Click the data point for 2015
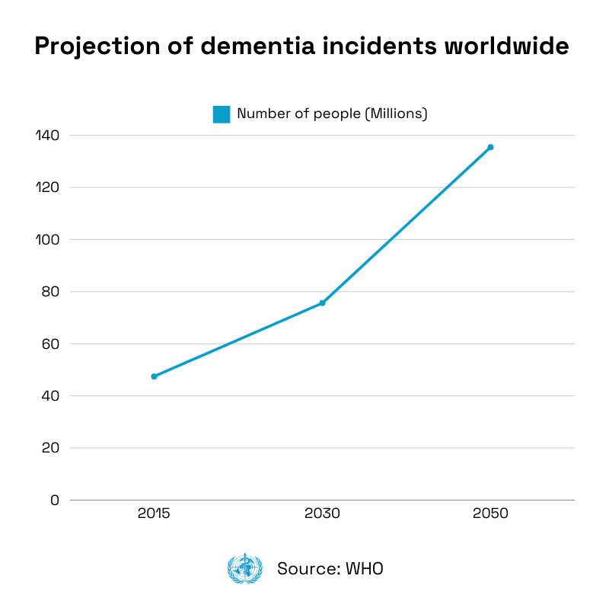pos(154,376)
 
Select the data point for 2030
pos(322,303)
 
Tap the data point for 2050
pos(490,147)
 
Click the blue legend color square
pos(221,114)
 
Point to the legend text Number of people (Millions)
pos(332,114)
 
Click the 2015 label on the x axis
pos(154,513)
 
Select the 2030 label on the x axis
pos(322,513)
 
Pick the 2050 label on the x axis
pos(490,513)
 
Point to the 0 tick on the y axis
pos(53,500)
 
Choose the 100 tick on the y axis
pos(47,239)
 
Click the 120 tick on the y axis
pos(47,187)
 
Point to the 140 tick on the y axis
pos(47,135)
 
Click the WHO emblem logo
pos(244,569)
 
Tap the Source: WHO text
pos(330,569)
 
